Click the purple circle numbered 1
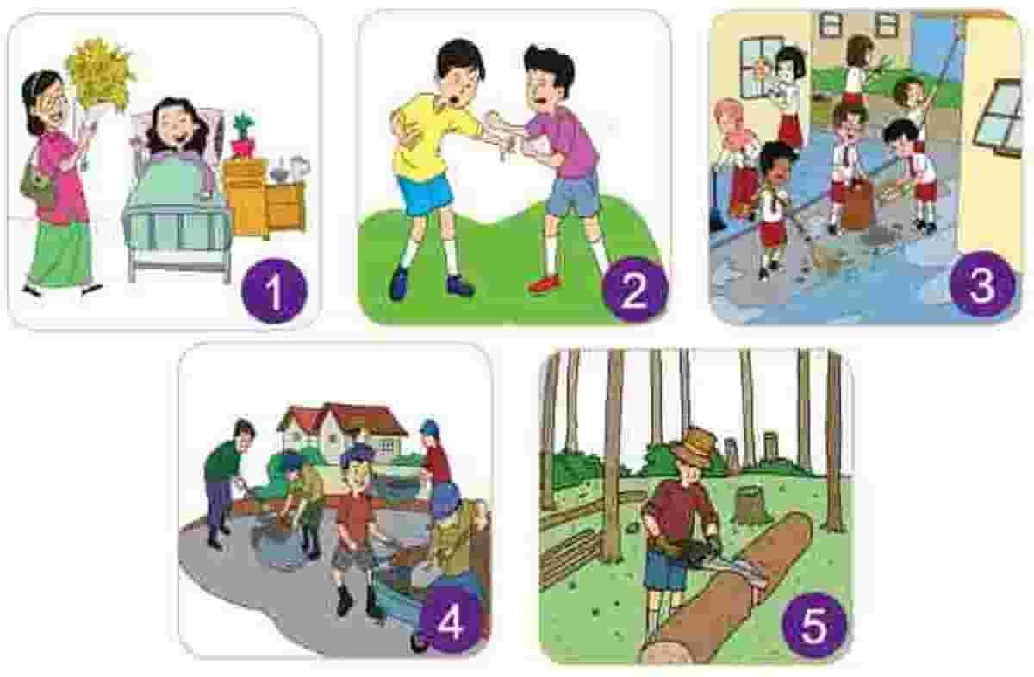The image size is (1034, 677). (x=274, y=290)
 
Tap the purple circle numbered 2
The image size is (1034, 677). (x=635, y=290)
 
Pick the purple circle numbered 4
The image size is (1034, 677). (x=450, y=623)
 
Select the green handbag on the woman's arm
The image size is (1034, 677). (x=38, y=185)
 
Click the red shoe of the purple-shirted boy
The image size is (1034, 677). (x=545, y=283)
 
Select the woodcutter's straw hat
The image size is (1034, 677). (x=695, y=447)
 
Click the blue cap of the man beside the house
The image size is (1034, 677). (x=428, y=426)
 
